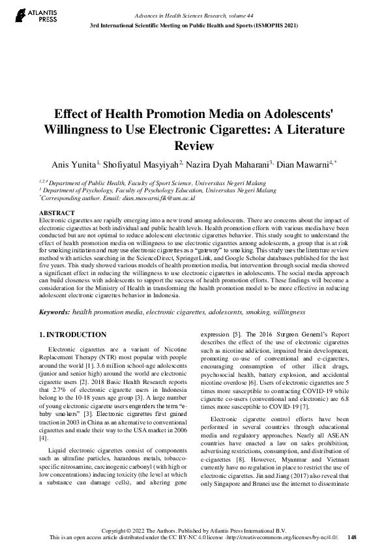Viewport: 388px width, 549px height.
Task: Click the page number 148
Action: pyautogui.click(x=352, y=537)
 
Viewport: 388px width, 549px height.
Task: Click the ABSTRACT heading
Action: pyautogui.click(x=57, y=213)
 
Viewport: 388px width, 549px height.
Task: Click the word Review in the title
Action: pyautogui.click(x=194, y=145)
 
